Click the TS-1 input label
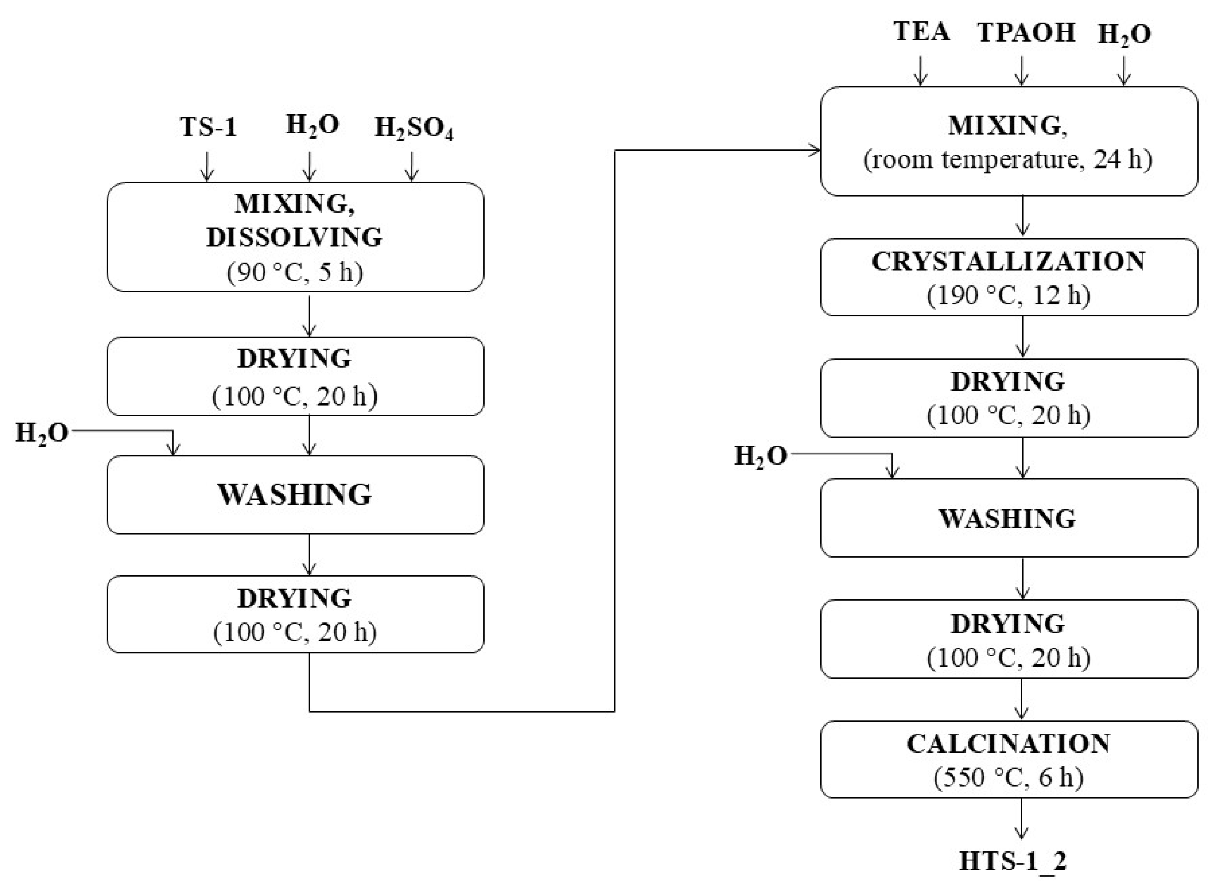pyautogui.click(x=208, y=127)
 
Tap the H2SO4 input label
pyautogui.click(x=414, y=129)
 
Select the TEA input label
pyautogui.click(x=921, y=32)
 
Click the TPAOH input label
pyautogui.click(x=1026, y=33)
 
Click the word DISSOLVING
pyautogui.click(x=295, y=237)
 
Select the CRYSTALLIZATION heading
pyautogui.click(x=1009, y=262)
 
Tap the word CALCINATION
pyautogui.click(x=1009, y=744)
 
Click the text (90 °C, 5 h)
pyautogui.click(x=295, y=272)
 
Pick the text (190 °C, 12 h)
pyautogui.click(x=1009, y=295)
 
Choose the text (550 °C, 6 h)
pyautogui.click(x=1009, y=778)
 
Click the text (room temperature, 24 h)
pyautogui.click(x=1009, y=160)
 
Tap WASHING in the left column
pyautogui.click(x=295, y=495)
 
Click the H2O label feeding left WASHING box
pyautogui.click(x=42, y=433)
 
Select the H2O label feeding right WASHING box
pyautogui.click(x=761, y=457)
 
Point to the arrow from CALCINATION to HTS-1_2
pyautogui.click(x=1021, y=818)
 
